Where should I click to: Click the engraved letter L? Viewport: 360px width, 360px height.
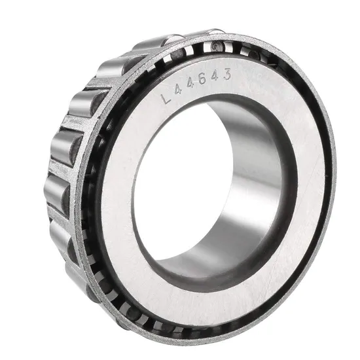click(168, 99)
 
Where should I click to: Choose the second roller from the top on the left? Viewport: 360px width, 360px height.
click(113, 68)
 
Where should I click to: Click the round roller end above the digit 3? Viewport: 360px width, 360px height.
click(216, 46)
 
